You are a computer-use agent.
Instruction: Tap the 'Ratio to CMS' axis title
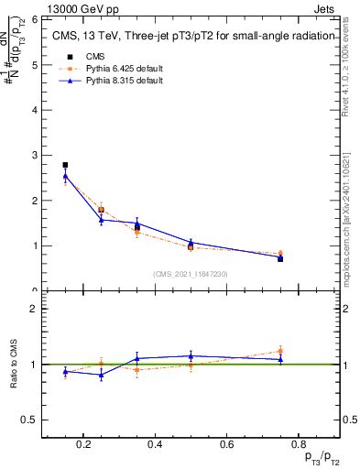14,364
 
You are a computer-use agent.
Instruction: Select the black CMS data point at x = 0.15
65,165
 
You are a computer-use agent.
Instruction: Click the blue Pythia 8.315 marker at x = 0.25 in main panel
101,220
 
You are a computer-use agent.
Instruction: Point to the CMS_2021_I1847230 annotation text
191,274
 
